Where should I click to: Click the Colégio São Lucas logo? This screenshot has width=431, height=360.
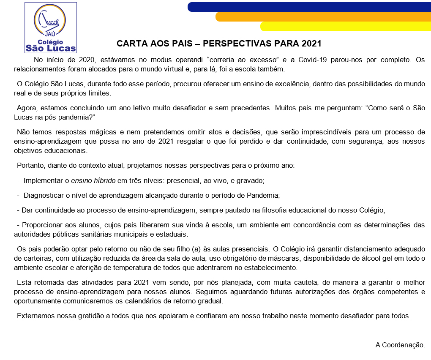[51, 27]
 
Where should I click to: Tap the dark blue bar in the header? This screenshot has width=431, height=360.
[308, 7]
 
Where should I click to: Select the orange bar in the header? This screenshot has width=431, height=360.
[323, 16]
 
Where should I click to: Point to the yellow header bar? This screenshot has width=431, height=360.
[345, 26]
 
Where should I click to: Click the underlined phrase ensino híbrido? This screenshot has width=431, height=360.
[93, 180]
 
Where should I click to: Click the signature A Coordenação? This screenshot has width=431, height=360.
[400, 345]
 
